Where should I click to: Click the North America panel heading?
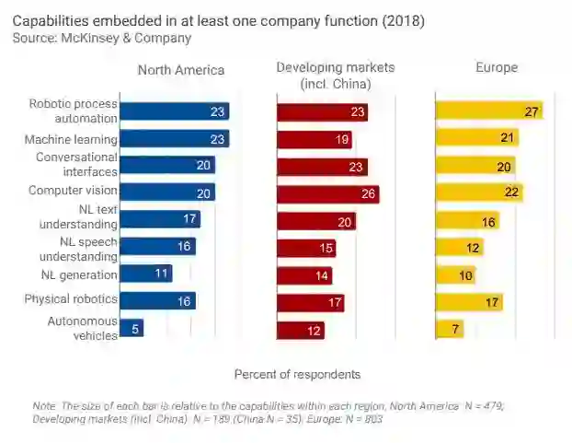[x=180, y=70]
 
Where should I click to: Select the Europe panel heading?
[x=496, y=67]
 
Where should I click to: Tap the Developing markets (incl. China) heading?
[x=336, y=76]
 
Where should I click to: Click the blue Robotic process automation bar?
[x=174, y=111]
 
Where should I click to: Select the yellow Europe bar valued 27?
[x=488, y=111]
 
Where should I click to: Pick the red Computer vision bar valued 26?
[x=327, y=194]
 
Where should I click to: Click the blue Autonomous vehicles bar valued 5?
[x=132, y=328]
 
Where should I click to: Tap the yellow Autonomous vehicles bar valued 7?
[x=449, y=329]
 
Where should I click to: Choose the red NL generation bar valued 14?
[x=304, y=275]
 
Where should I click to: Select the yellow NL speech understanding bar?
[x=459, y=248]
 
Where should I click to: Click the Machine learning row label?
[x=71, y=140]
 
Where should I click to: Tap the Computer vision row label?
[x=73, y=191]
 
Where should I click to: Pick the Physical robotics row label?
[x=71, y=299]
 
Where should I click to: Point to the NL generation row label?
[x=79, y=274]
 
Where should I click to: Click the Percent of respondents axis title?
[x=297, y=374]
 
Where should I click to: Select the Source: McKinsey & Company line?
[x=102, y=39]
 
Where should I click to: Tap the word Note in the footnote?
[x=44, y=405]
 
